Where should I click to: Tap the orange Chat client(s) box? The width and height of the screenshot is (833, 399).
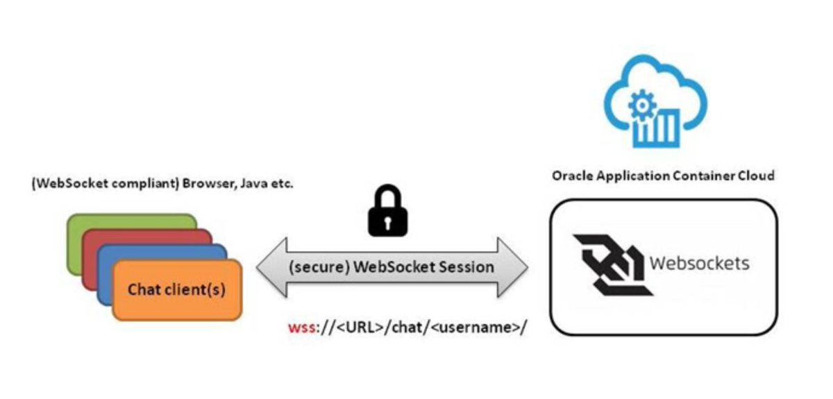pos(176,289)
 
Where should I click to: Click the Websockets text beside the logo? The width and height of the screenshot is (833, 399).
pos(699,264)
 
